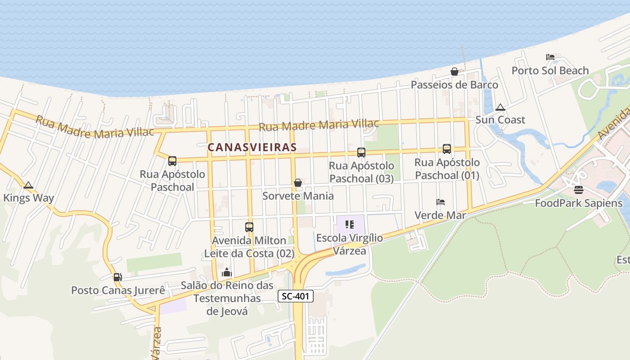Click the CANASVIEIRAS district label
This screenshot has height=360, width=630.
point(252,147)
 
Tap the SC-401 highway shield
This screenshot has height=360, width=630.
point(295,297)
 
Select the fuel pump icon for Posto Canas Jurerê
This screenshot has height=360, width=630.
point(117,277)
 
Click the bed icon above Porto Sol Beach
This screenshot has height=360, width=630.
point(550,57)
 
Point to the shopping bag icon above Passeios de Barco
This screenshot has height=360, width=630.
point(454,72)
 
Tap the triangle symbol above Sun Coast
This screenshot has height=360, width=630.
point(500,107)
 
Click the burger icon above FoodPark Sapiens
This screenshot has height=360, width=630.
point(578,190)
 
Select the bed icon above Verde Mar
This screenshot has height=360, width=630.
point(440,202)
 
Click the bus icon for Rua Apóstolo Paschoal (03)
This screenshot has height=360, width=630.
point(361,153)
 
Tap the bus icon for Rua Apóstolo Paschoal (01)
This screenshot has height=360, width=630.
point(446,149)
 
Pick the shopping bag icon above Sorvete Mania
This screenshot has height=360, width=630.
point(297,183)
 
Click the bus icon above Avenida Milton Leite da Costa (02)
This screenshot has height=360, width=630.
point(249,227)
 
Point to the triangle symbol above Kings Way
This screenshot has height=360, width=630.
point(28,185)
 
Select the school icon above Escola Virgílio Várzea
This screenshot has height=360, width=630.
point(350,224)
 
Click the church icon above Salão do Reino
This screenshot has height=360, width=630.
point(227,273)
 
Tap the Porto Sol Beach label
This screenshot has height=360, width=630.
point(550,71)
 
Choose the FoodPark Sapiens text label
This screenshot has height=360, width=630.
point(578,203)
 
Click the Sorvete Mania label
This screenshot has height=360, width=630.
point(298,196)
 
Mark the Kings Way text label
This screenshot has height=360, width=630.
point(28,198)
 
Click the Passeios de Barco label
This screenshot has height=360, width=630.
point(454,85)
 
